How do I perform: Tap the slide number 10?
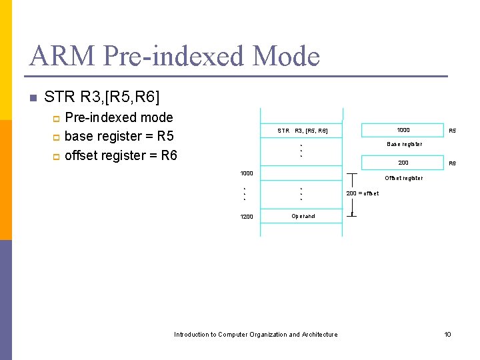pos(448,335)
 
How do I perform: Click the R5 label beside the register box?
pos(452,131)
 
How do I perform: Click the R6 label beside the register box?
pos(452,163)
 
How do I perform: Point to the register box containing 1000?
pos(403,130)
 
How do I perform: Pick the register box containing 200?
pos(403,163)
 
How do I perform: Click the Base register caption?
pos(404,144)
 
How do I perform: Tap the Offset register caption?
pos(403,178)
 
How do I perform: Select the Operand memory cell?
pos(303,216)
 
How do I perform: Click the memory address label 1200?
pos(247,217)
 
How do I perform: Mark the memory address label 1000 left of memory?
pos(247,174)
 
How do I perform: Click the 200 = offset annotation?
pos(363,193)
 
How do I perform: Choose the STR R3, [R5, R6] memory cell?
pos(302,131)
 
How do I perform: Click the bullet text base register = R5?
pos(119,137)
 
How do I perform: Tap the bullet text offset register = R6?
pos(121,155)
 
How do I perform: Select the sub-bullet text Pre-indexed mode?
pos(119,118)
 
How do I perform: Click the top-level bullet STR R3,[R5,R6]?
pos(101,97)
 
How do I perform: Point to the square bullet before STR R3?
pos(31,98)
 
